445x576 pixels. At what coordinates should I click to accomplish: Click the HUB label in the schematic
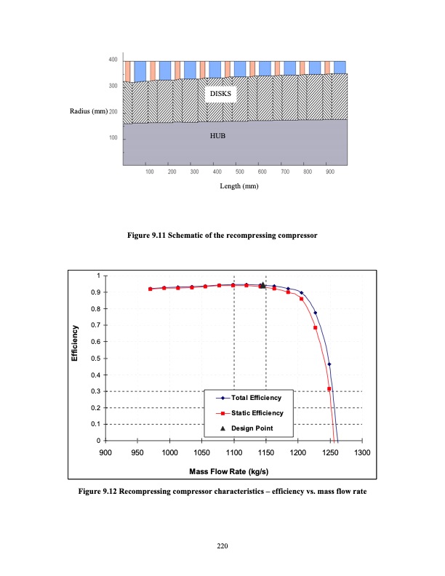coord(218,135)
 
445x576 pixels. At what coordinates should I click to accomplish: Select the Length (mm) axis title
coord(239,186)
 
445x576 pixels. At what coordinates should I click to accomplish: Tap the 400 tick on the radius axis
coord(113,59)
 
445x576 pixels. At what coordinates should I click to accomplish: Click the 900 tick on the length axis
coord(330,172)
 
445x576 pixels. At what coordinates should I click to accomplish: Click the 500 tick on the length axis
coord(239,172)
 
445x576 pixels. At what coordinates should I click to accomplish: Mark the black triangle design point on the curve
coord(262,285)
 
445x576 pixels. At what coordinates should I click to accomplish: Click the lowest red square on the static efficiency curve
coord(329,389)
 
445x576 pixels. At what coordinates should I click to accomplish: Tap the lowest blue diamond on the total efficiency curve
coord(329,364)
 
